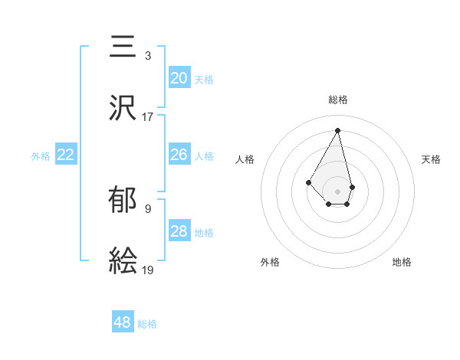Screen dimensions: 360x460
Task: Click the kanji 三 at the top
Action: click(x=123, y=47)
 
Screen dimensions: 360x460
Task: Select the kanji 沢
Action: click(x=123, y=106)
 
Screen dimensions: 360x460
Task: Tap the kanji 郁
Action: click(x=123, y=201)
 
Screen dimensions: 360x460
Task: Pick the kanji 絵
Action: click(x=123, y=260)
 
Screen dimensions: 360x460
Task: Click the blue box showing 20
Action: click(x=179, y=78)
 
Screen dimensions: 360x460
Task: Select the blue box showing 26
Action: click(x=179, y=155)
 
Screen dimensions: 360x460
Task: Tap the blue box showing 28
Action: click(x=179, y=231)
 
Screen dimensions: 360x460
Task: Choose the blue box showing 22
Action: click(x=66, y=155)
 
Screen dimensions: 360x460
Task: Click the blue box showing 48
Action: click(x=123, y=322)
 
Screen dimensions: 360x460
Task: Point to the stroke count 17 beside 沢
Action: click(x=148, y=117)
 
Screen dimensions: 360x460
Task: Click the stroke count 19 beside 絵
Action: click(x=148, y=270)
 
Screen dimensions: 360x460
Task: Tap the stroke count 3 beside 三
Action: click(x=148, y=56)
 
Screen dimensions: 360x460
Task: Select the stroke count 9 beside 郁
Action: click(x=148, y=208)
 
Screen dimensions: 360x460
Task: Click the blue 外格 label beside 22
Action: click(x=41, y=155)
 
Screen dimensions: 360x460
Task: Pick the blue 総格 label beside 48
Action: click(x=147, y=324)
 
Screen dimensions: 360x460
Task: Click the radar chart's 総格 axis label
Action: click(x=338, y=100)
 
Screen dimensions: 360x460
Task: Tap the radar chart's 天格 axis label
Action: click(x=431, y=159)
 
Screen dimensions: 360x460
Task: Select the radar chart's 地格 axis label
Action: click(x=402, y=262)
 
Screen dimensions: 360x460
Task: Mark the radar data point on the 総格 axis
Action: click(x=338, y=130)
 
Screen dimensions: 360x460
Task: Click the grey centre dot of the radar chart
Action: click(x=338, y=191)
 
